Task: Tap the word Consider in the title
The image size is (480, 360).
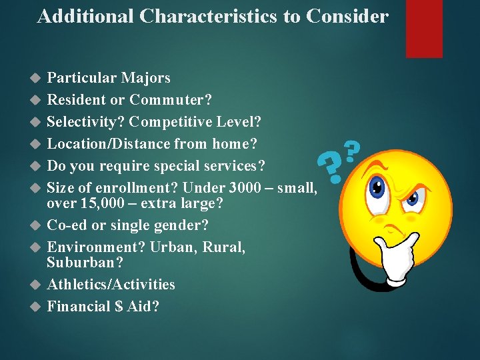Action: [347, 17]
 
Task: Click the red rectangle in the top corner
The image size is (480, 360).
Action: [425, 28]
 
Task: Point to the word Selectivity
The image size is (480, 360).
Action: [86, 122]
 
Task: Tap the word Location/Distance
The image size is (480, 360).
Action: [108, 144]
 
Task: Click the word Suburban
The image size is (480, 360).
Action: [85, 263]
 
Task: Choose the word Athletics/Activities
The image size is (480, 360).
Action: [111, 285]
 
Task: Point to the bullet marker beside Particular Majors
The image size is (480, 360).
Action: [36, 79]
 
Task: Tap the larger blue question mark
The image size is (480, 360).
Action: [328, 165]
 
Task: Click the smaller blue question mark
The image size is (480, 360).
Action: [351, 149]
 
